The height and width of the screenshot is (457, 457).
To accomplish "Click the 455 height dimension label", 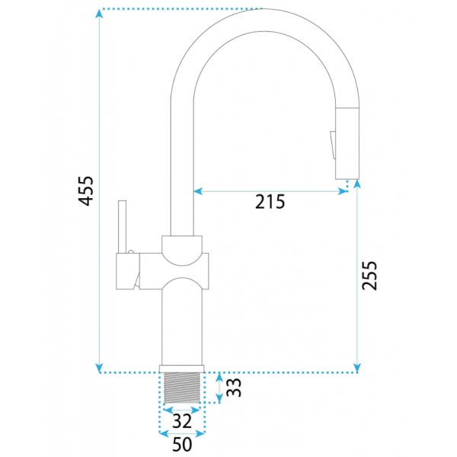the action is [86, 191].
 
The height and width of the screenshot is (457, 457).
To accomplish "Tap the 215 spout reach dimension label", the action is [270, 202].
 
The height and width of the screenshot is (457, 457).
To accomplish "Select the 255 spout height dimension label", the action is [369, 276].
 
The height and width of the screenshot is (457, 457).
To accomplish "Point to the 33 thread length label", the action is [234, 388].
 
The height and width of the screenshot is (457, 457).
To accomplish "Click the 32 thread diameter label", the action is [182, 421].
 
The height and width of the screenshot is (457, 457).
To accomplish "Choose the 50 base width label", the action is [182, 444].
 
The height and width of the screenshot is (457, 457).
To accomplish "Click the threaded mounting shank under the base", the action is [182, 388].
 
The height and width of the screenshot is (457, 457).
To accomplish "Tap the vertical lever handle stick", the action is [122, 227].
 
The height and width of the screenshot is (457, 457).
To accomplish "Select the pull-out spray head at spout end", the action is [347, 143].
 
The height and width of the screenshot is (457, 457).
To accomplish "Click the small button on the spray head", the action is [333, 145].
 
